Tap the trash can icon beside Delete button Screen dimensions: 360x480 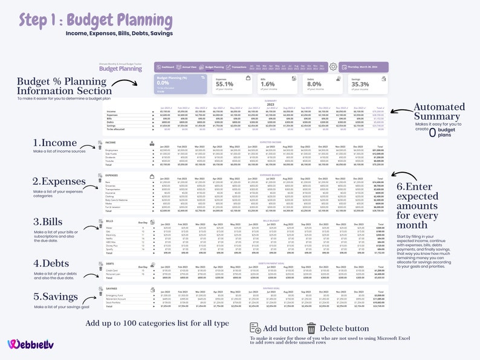point(311,328)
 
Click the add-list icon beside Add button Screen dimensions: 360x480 point(255,328)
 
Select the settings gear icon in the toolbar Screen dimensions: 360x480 point(332,66)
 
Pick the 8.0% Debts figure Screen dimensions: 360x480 point(314,85)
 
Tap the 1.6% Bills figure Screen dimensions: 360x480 point(267,85)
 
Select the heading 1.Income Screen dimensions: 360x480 point(55,143)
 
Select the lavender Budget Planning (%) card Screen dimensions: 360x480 point(180,85)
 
